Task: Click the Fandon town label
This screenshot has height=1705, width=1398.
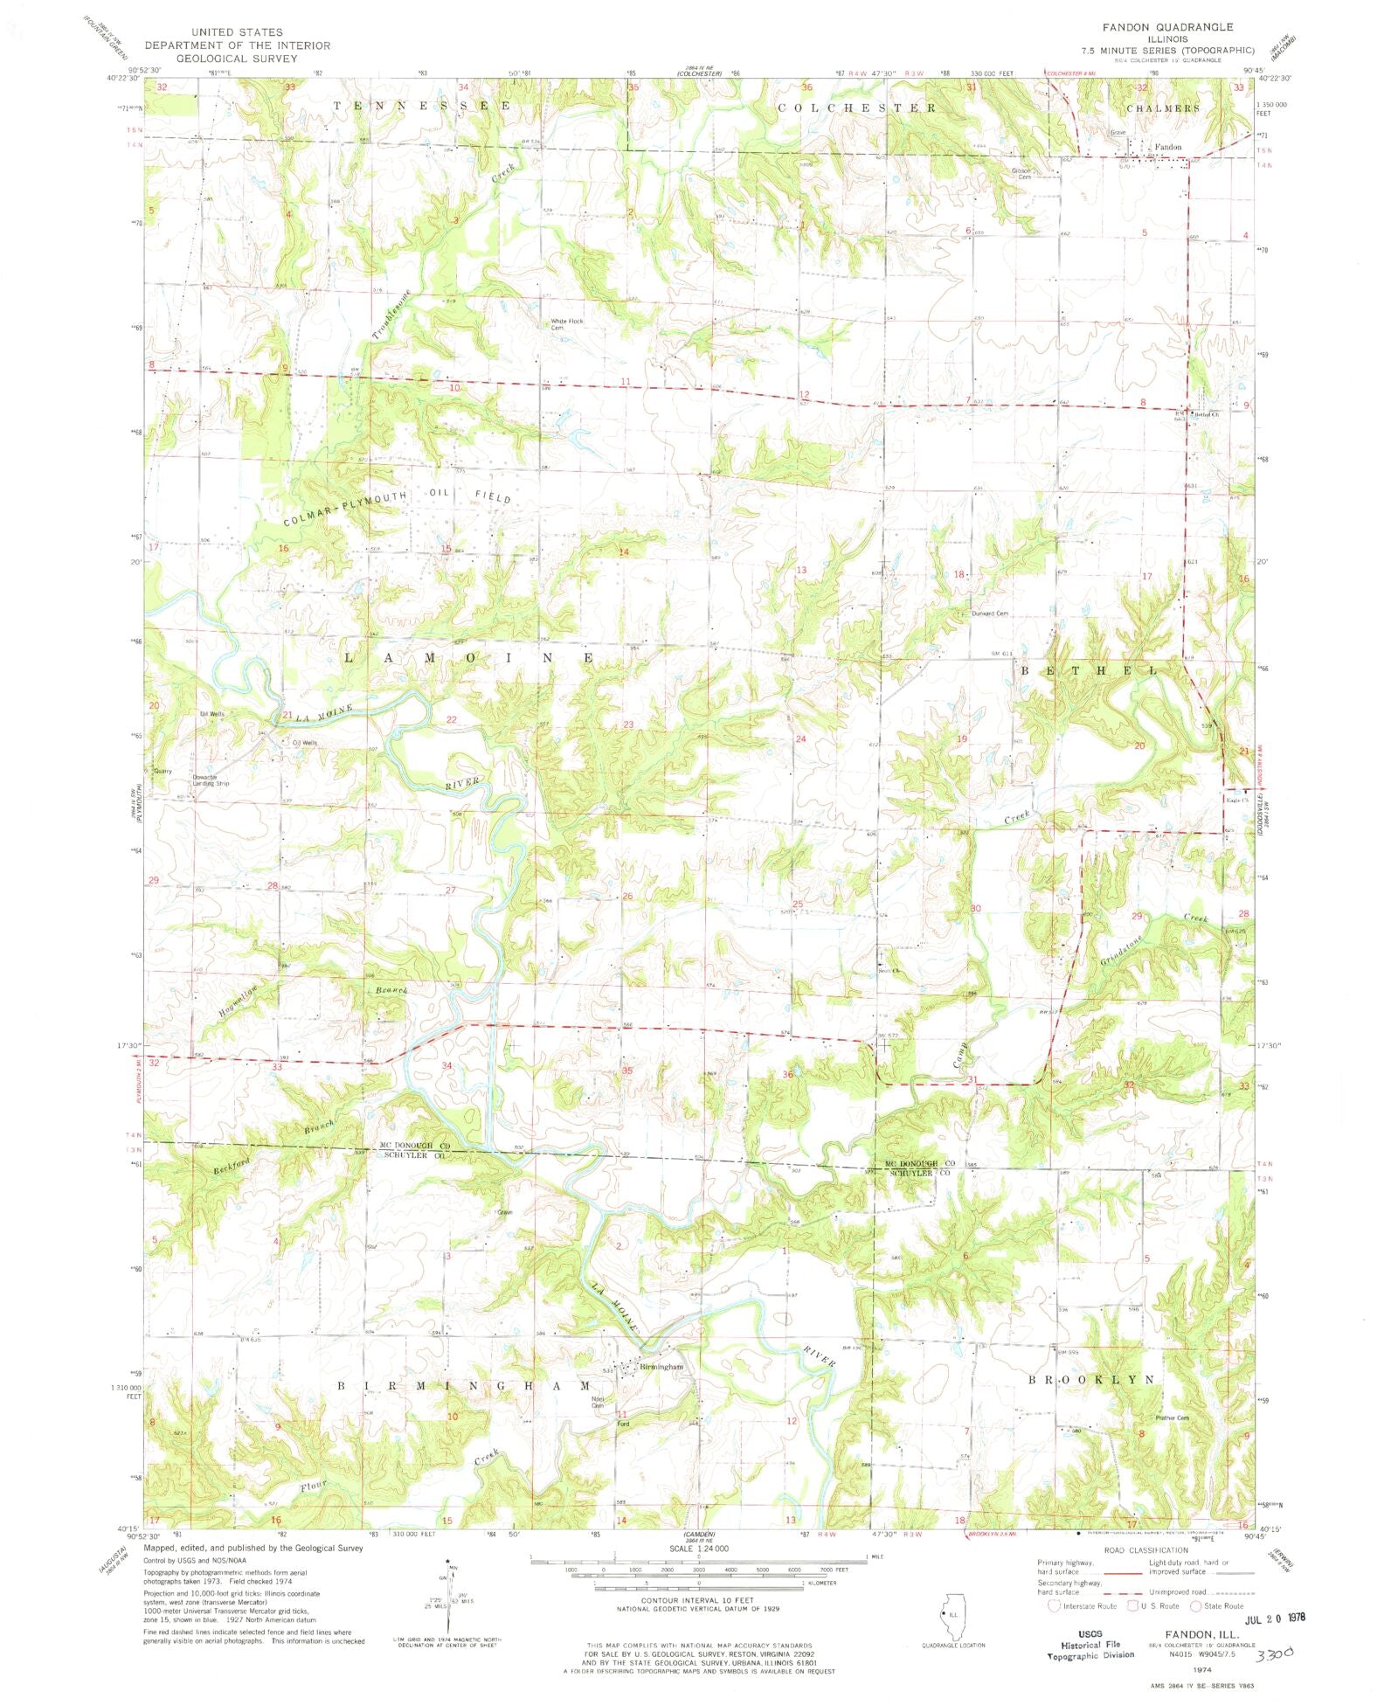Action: coord(1167,147)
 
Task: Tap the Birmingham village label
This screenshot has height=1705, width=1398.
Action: coord(661,1367)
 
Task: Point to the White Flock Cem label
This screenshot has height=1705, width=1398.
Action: coord(566,324)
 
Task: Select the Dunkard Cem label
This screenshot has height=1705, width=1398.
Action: coord(989,613)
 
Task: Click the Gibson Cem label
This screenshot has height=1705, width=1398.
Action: coord(1022,173)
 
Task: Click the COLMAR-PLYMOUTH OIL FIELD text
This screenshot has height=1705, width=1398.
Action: coord(398,507)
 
